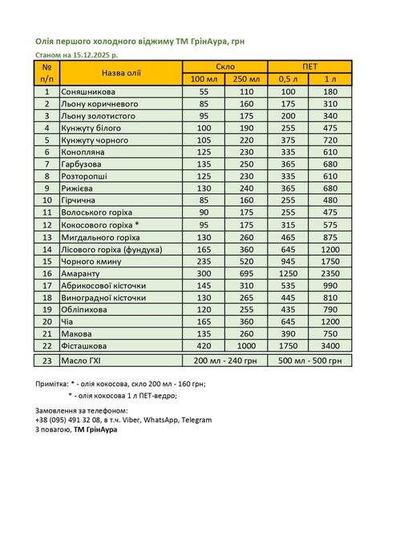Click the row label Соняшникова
click(89, 92)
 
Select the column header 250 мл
click(245, 79)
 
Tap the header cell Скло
click(224, 66)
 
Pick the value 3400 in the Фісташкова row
click(330, 345)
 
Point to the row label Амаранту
click(82, 273)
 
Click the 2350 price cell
click(330, 273)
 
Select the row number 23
click(47, 361)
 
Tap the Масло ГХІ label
click(83, 361)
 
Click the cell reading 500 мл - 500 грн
click(309, 361)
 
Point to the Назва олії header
click(121, 72)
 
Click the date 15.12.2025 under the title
click(94, 54)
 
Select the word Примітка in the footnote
click(55, 384)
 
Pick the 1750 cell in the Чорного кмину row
click(330, 261)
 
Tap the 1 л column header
click(330, 79)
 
